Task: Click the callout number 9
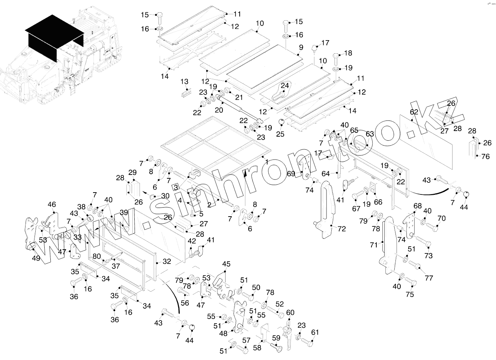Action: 301,48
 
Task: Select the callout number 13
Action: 184,81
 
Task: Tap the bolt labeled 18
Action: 336,59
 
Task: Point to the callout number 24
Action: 285,86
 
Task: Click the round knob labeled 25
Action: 280,122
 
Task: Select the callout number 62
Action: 414,112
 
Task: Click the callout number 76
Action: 485,157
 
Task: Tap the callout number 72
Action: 341,229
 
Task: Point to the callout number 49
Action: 36,258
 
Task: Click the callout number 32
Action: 166,261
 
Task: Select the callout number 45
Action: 226,264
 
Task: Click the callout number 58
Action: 257,348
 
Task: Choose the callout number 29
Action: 132,172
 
